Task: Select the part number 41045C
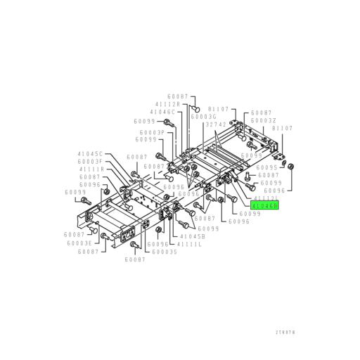click(90, 153)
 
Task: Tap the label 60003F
click(90, 162)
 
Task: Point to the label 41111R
click(91, 169)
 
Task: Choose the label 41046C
click(163, 112)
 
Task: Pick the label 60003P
click(151, 131)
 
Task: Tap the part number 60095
click(266, 167)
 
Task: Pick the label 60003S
click(165, 252)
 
